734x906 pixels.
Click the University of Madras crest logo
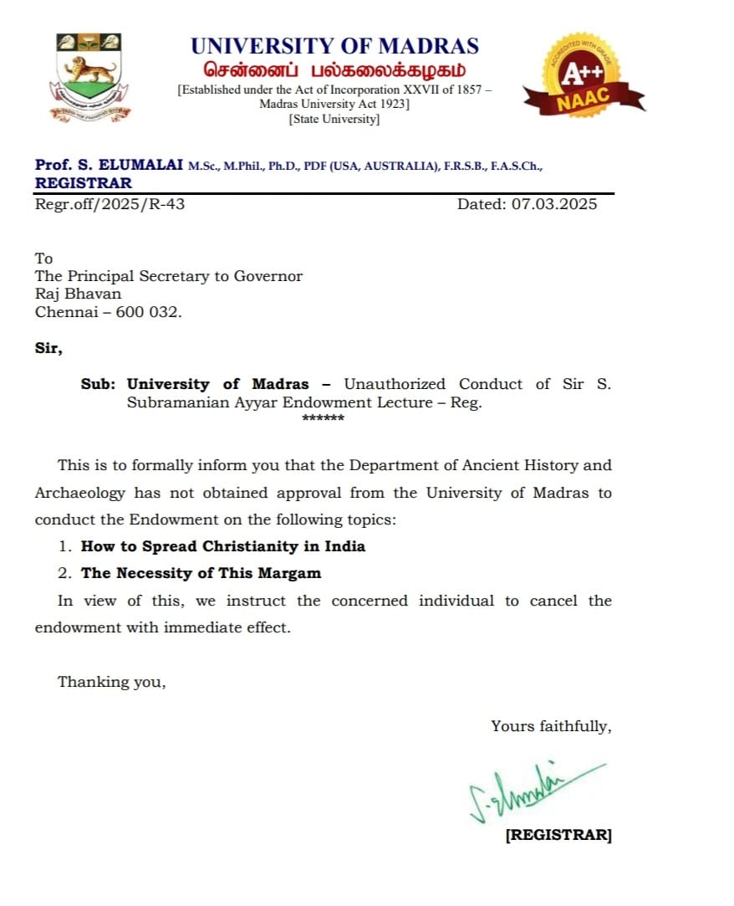89,76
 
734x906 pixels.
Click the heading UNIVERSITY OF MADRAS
334,45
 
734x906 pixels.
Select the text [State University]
334,120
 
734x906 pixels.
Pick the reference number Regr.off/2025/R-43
110,204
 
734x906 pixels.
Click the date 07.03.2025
553,204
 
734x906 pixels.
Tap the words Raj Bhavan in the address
78,294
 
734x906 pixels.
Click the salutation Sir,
48,348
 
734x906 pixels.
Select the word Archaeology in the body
80,493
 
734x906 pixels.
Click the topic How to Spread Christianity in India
223,546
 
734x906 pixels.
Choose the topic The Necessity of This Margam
201,573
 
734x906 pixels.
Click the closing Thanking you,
112,682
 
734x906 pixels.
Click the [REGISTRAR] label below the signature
558,835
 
